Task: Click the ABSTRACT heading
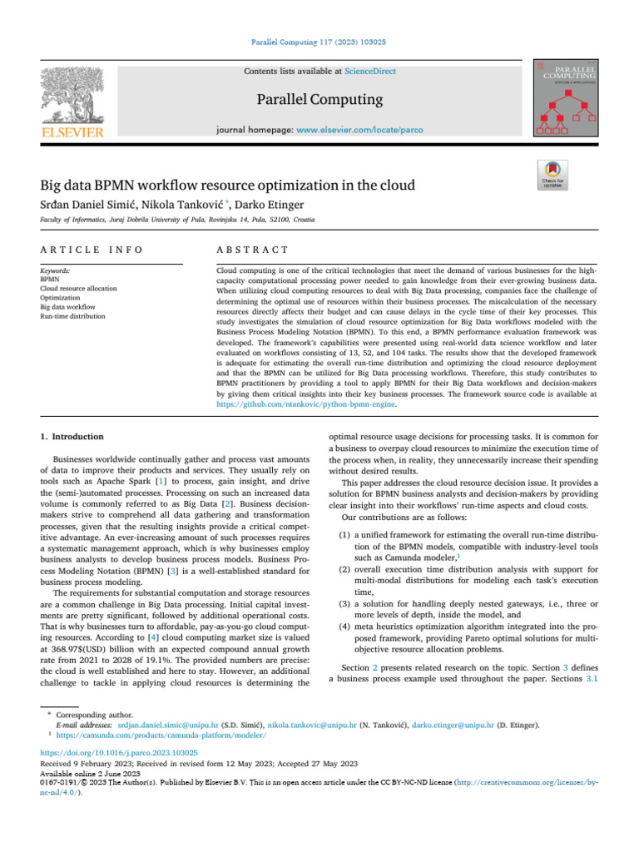coord(251,250)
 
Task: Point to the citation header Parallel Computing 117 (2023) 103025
coord(319,41)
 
